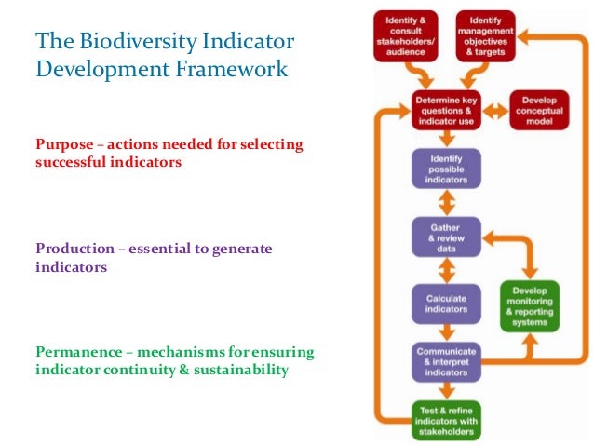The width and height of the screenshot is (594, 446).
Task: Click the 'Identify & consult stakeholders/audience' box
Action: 405,35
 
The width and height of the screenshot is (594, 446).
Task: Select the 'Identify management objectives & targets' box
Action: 486,35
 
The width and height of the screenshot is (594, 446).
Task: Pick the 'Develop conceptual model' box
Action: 539,110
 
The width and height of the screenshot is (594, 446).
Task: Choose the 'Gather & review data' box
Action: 446,237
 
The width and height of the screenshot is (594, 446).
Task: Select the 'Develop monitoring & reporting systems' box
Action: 530,304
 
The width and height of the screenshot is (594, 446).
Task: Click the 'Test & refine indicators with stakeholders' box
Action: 446,419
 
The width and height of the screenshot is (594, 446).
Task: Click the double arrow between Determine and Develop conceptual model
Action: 493,110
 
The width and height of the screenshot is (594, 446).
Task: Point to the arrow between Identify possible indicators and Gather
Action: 446,203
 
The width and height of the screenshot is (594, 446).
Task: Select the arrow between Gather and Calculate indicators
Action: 446,270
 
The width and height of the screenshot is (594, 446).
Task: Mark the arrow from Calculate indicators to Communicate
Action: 446,331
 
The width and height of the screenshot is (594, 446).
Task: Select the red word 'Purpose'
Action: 60,145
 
